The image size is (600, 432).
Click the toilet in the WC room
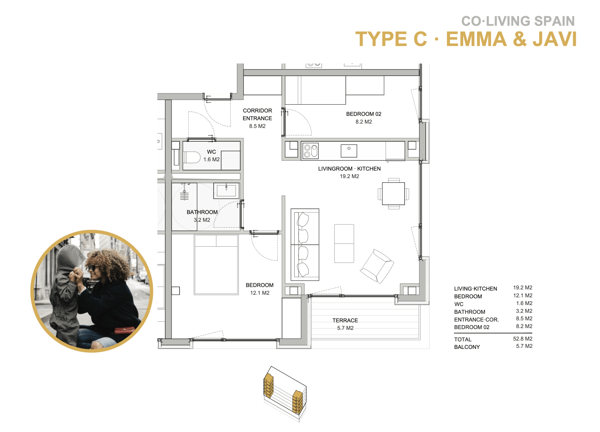pyautogui.click(x=192, y=157)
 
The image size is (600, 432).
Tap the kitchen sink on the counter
pyautogui.click(x=349, y=151)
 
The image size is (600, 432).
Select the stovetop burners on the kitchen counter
pyautogui.click(x=311, y=151)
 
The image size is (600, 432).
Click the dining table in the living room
pyautogui.click(x=393, y=193)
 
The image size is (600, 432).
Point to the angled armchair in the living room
pyautogui.click(x=377, y=266)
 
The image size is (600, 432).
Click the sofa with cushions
pyautogui.click(x=305, y=245)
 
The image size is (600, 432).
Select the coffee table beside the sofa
pyautogui.click(x=344, y=244)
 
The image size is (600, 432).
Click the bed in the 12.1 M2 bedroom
pyautogui.click(x=216, y=265)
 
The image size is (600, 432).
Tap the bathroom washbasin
pyautogui.click(x=226, y=191)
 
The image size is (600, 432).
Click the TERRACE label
pyautogui.click(x=345, y=320)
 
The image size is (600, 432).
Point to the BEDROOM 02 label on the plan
pyautogui.click(x=364, y=114)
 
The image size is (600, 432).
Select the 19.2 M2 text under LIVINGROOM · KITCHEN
pyautogui.click(x=349, y=176)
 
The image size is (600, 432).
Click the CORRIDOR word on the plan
pyautogui.click(x=257, y=111)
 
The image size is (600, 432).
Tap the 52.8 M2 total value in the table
pyautogui.click(x=522, y=339)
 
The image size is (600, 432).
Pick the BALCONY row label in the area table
pyautogui.click(x=467, y=347)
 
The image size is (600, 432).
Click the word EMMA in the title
pyautogui.click(x=476, y=39)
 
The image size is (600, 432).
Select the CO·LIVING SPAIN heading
pyautogui.click(x=518, y=21)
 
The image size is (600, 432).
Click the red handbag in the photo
pyautogui.click(x=124, y=330)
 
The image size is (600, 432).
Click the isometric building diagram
pyautogui.click(x=285, y=394)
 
